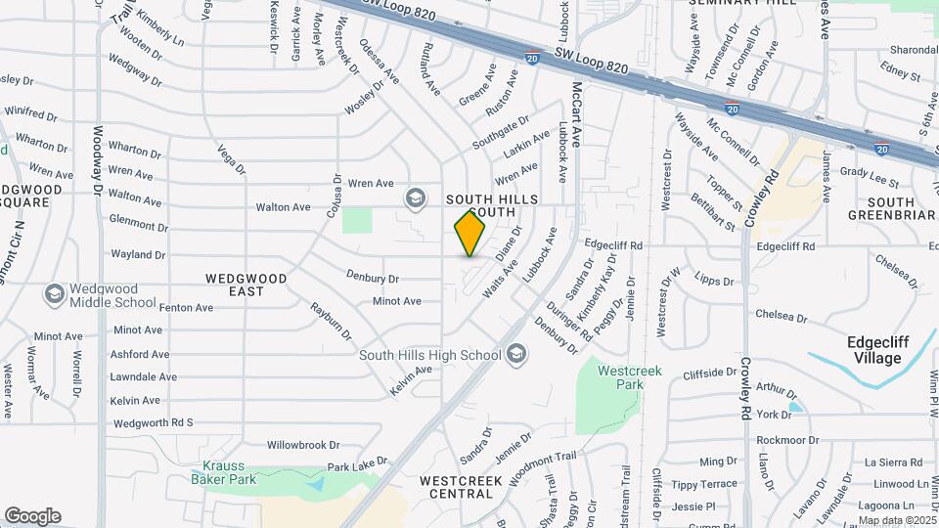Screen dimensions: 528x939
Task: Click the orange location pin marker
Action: pos(470,234)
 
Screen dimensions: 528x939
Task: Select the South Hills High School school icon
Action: pos(516,353)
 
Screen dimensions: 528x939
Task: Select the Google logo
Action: pos(32,515)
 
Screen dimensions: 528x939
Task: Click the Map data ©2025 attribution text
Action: pos(896,520)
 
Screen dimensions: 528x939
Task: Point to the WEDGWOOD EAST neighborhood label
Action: pos(246,285)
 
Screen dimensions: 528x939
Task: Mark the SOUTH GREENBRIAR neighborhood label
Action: pos(880,209)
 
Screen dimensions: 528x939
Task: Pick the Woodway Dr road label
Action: pos(98,161)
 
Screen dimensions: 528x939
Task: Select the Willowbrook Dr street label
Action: pos(302,444)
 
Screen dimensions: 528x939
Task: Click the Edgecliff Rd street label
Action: pos(613,244)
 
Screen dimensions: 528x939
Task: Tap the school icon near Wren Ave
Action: pos(416,198)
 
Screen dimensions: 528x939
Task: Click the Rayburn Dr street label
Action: pos(332,322)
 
